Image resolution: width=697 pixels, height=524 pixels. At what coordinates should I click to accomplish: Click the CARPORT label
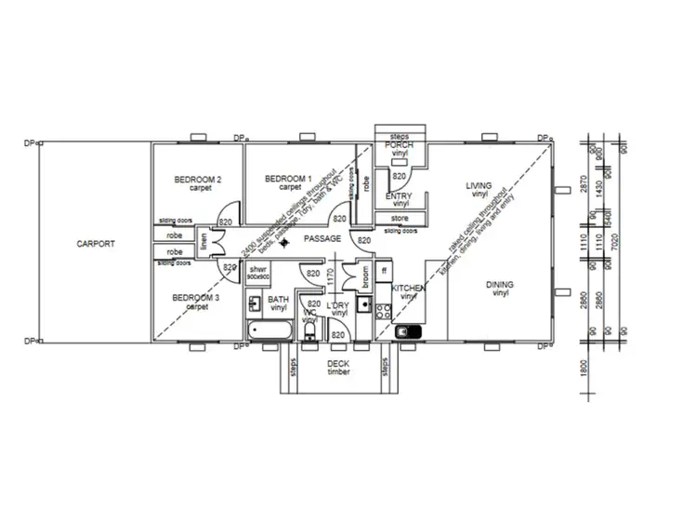(96, 244)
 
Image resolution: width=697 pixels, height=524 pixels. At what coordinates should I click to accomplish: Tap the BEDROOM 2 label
(197, 179)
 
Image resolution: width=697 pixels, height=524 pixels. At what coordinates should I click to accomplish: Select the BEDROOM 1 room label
(288, 179)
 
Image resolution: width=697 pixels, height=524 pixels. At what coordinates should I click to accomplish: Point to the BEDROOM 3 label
(196, 299)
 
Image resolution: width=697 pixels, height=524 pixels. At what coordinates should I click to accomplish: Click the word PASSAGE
(322, 239)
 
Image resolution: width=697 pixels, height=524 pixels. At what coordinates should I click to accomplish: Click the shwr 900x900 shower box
(258, 273)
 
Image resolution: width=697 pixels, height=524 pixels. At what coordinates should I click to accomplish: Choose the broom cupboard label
(365, 275)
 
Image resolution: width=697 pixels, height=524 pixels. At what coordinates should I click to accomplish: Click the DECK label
(336, 364)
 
